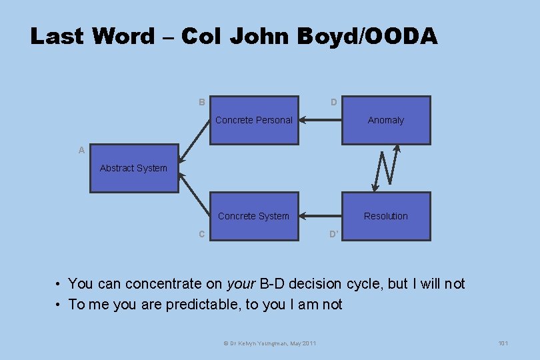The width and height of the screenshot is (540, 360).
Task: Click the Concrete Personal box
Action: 254,121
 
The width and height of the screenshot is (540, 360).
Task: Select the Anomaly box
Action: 386,121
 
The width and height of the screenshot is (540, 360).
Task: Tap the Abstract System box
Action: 134,169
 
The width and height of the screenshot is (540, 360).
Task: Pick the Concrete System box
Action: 254,216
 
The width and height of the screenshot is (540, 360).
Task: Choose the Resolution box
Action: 386,216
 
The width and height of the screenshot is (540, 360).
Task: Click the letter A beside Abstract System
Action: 81,151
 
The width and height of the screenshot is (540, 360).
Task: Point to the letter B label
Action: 201,103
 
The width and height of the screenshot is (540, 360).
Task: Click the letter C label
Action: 201,234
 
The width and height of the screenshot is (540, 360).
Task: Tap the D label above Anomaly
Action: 333,103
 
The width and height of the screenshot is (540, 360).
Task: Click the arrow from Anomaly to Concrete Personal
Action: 320,121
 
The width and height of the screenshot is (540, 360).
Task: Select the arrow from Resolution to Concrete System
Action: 320,216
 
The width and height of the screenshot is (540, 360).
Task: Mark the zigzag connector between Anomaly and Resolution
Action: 386,168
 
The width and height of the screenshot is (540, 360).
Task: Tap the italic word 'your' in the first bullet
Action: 241,284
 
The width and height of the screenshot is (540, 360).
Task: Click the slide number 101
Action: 503,343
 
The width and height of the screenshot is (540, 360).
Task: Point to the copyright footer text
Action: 270,343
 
